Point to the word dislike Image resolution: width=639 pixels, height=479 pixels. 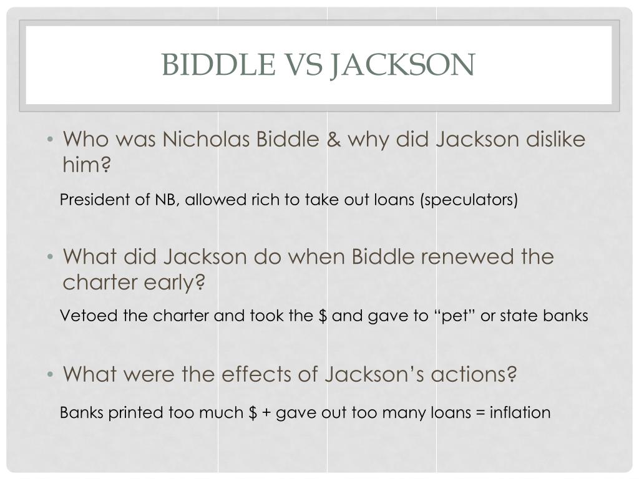tap(555, 139)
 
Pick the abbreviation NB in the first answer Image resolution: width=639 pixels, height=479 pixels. tap(163, 200)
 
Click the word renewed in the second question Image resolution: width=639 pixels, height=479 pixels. tap(457, 256)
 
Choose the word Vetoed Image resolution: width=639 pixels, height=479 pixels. tap(82, 316)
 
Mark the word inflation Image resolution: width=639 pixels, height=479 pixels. tap(520, 413)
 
